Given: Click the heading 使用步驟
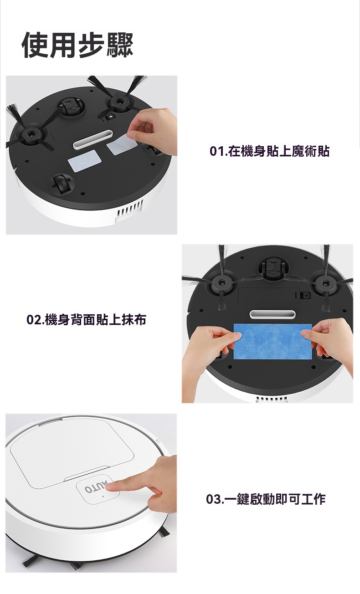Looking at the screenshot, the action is coord(77,45).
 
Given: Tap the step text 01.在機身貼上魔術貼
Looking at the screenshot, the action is coord(269,151).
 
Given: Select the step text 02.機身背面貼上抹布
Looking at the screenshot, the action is coord(86,319).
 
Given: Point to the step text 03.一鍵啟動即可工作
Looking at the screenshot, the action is coord(266,499).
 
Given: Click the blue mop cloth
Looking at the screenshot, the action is coord(273,341).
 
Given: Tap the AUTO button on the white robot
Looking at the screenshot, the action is coord(98,489).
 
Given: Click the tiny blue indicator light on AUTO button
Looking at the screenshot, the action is coord(103,496).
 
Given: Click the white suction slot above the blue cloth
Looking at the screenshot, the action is coord(273,314).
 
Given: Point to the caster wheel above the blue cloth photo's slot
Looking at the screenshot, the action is coord(272,267).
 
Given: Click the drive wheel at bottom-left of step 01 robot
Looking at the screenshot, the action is coord(62,183).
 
